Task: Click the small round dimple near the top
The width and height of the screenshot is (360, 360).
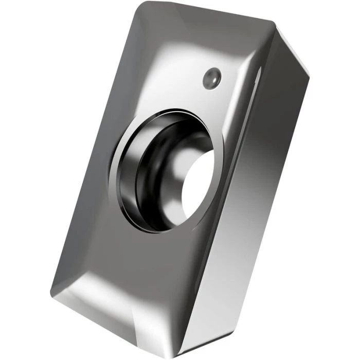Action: click(211, 79)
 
